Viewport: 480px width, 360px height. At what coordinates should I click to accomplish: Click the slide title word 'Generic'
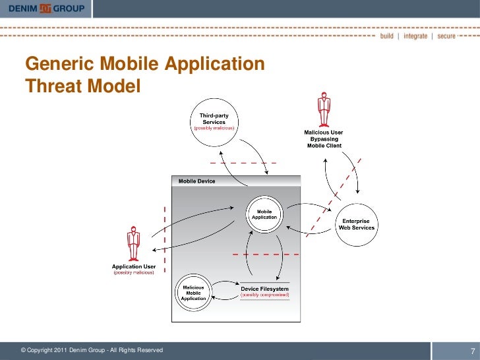59,65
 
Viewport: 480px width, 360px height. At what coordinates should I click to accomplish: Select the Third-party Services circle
214,122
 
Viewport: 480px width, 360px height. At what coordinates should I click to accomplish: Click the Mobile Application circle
263,214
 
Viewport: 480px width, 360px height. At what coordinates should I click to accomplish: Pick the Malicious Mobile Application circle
193,290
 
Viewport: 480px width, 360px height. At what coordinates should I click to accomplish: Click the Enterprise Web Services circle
357,224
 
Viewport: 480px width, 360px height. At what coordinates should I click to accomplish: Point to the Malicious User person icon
323,111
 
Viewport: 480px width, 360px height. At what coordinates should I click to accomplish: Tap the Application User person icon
134,244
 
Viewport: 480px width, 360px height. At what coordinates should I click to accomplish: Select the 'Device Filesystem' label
264,289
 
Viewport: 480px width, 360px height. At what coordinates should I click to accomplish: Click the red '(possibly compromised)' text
264,295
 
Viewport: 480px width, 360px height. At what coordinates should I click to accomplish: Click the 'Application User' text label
134,266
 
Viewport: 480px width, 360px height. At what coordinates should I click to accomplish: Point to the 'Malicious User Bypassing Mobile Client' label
323,138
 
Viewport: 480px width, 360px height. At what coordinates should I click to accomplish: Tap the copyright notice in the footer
92,350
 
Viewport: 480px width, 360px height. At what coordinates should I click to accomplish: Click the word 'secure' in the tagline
446,36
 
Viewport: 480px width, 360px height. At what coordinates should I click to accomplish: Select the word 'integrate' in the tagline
415,36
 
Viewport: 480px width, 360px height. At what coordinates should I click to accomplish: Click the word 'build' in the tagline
388,36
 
